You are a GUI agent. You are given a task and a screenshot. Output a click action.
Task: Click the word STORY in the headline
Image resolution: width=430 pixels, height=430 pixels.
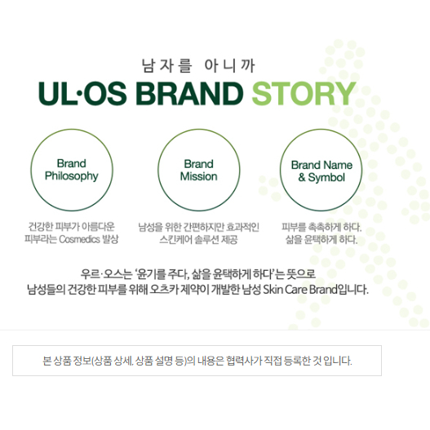coord(304,93)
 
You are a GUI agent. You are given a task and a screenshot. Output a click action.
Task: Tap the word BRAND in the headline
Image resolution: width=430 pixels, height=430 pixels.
coord(189,93)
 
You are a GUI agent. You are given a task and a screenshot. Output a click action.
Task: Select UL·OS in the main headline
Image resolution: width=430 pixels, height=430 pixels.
coord(82,93)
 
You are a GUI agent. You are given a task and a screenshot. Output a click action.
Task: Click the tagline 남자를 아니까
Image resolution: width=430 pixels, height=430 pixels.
coord(198,66)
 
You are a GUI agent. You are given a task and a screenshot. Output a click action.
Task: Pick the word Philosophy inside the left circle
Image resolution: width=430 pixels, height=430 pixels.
coord(72,176)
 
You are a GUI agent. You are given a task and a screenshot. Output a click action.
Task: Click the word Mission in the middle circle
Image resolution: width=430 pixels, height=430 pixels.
coord(198,176)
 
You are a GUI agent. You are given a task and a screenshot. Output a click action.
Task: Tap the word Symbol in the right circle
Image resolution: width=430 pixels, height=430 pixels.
coord(326,178)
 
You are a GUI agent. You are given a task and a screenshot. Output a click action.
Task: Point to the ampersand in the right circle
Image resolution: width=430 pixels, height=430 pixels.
coord(302,177)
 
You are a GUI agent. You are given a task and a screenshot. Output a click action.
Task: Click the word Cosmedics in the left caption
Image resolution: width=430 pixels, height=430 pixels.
coord(79,239)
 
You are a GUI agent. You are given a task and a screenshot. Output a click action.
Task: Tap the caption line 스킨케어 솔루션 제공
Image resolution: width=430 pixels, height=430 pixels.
coord(198,240)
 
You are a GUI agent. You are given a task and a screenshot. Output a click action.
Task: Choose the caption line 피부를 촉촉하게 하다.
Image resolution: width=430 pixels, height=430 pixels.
coord(321,227)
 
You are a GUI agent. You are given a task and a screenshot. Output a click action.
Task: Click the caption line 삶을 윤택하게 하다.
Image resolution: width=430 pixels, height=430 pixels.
coord(321,239)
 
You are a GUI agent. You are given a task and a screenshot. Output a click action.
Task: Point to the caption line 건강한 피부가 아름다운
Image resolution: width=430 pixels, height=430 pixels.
coord(72,227)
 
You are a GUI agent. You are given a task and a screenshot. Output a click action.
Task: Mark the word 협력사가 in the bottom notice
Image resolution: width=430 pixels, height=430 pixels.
coord(244,361)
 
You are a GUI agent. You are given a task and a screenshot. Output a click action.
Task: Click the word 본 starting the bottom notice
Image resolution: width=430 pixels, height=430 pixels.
coord(47,361)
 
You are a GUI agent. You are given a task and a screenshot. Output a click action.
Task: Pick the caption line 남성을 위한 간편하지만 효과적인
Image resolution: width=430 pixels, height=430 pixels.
coord(198,227)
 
